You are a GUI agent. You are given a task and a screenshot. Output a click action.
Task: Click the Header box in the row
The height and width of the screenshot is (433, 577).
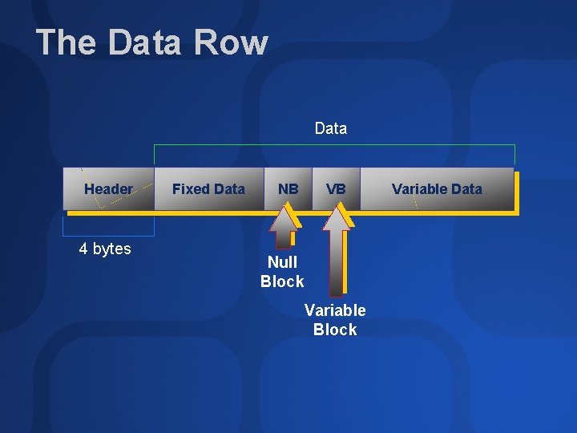pyautogui.click(x=108, y=189)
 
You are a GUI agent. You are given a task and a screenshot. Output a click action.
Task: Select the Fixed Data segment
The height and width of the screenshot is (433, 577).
pyautogui.click(x=208, y=189)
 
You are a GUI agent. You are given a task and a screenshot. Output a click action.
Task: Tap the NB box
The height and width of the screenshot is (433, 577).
pyautogui.click(x=288, y=189)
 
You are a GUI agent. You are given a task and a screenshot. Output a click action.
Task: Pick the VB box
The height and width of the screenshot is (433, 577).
pyautogui.click(x=336, y=189)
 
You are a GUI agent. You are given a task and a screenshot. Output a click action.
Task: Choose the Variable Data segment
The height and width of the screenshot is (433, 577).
pyautogui.click(x=437, y=189)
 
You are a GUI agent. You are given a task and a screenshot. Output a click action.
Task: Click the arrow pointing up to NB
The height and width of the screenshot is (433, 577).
pyautogui.click(x=283, y=228)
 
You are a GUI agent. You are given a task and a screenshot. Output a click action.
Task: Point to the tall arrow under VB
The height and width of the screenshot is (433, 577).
pyautogui.click(x=337, y=249)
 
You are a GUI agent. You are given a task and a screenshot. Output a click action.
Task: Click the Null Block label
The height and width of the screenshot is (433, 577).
pyautogui.click(x=282, y=272)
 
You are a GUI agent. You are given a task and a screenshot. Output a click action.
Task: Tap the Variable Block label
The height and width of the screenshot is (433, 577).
pyautogui.click(x=335, y=320)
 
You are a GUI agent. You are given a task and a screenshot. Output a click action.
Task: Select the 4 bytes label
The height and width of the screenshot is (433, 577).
pyautogui.click(x=105, y=249)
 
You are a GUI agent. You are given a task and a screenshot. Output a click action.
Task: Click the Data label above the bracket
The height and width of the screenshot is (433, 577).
pyautogui.click(x=331, y=128)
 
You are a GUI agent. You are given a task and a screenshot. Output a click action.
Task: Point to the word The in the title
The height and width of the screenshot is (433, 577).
pyautogui.click(x=67, y=42)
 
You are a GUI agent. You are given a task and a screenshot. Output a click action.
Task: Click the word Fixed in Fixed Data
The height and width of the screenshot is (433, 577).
pyautogui.click(x=190, y=189)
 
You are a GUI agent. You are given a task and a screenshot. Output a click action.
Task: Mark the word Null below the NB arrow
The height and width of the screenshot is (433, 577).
pyautogui.click(x=282, y=262)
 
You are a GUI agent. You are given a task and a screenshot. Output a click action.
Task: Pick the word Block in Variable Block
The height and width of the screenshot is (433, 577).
pyautogui.click(x=335, y=330)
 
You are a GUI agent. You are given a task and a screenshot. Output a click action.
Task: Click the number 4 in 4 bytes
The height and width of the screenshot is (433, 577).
pyautogui.click(x=83, y=249)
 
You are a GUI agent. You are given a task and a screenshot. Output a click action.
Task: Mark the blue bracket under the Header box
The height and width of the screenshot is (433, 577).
pyautogui.click(x=108, y=233)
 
